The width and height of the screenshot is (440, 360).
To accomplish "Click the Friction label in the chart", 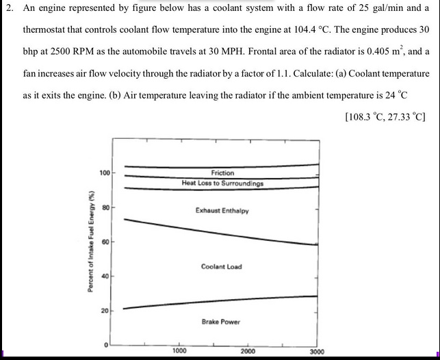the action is coord(222,173).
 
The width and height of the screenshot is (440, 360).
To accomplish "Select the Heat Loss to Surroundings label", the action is coord(222,183).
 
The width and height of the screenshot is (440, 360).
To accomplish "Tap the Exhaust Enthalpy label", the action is coord(222,211).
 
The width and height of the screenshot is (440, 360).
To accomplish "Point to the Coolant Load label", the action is coord(221,266).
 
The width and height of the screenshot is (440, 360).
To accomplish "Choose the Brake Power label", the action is coord(221,322).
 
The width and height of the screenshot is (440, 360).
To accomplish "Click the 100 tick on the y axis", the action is coord(105,172).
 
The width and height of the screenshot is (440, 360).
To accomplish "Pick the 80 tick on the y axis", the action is coord(105,206).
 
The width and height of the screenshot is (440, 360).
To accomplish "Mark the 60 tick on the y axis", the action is coord(105,242).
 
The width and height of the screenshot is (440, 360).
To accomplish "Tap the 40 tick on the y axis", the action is coord(105,277).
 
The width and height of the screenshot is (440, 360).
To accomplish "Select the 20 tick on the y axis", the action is coord(105,311).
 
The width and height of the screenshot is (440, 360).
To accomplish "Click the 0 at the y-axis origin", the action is coord(107,345).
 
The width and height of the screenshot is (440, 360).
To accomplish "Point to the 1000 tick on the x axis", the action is coord(179,351).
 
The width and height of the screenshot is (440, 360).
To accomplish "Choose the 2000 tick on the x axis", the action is coord(248,351).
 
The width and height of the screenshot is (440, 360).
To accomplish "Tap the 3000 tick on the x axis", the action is coord(317,351).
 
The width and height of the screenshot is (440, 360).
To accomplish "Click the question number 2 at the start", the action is coord(8,9).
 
